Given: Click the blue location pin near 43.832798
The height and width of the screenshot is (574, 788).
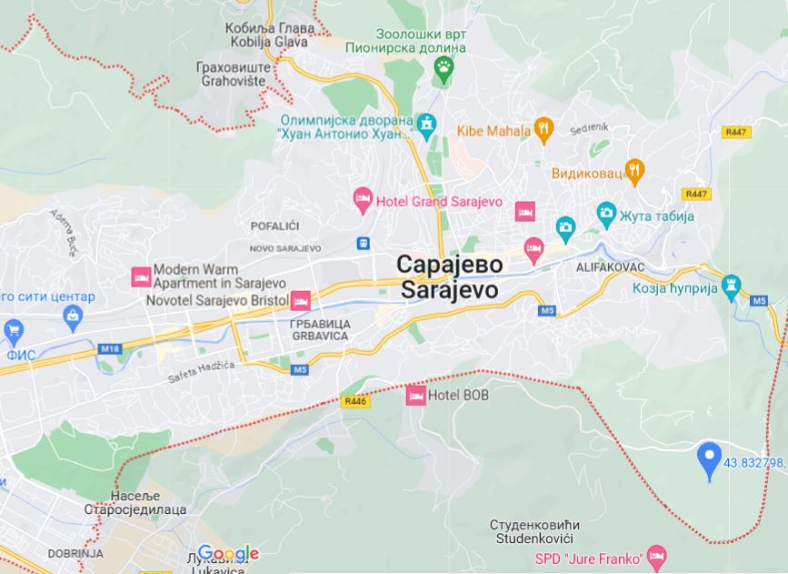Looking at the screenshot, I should point(709,458).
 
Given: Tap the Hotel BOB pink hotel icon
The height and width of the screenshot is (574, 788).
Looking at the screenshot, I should point(416,395).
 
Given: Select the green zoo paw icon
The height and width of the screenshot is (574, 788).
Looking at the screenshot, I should point(443,67).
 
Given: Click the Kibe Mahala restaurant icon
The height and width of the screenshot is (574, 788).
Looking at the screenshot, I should point(544,129).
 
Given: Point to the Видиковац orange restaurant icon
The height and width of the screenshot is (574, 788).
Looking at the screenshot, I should point(634,170).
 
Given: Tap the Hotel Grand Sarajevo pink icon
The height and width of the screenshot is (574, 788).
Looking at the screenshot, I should point(363,199).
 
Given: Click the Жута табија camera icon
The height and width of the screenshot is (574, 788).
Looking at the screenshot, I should point(606,215).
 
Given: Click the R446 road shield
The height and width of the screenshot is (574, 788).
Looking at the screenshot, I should point(356,400).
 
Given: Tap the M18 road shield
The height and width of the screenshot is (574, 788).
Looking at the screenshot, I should point(110,348).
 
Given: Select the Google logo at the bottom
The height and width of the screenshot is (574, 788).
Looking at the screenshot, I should point(228,553).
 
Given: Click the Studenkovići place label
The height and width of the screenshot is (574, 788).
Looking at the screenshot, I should point(534,532).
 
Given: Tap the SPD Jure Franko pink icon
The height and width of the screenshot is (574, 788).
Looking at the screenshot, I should point(658,556).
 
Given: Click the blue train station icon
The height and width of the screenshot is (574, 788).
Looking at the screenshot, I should point(364,243).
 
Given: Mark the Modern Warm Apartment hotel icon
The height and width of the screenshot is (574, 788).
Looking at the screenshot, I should point(141,275).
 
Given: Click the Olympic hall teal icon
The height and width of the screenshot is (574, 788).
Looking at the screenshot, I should point(426,122).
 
